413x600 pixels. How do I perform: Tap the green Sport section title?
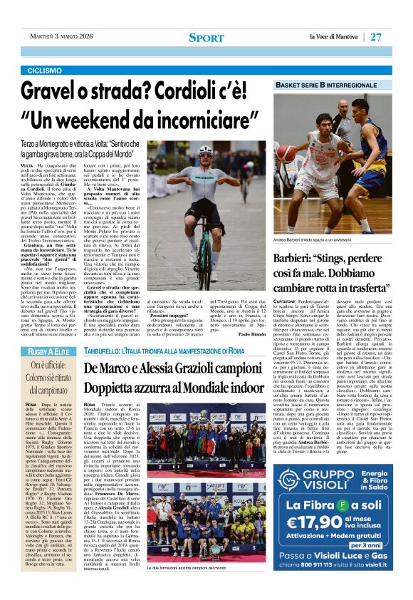[206, 37]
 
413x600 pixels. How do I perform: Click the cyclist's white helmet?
[205, 150]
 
